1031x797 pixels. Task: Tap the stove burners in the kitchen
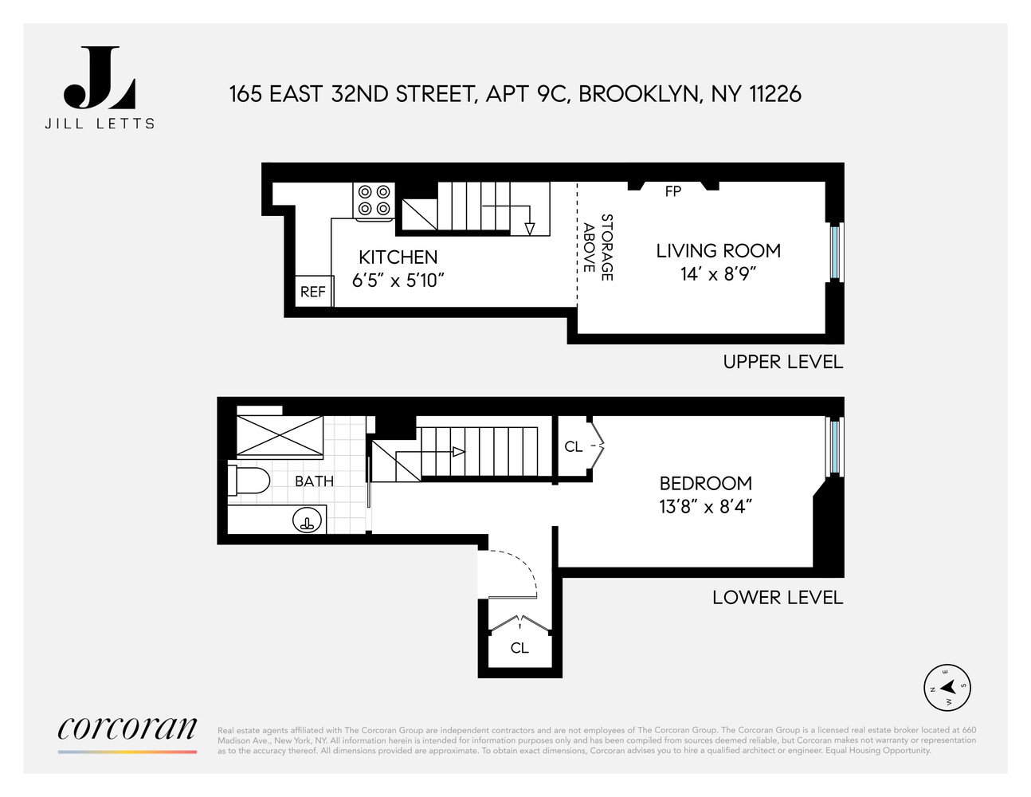(x=374, y=200)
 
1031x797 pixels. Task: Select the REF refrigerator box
(x=313, y=292)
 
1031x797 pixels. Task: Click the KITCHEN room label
(x=398, y=257)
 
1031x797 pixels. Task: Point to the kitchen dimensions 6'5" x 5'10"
(x=398, y=281)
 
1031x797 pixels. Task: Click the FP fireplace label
(x=673, y=191)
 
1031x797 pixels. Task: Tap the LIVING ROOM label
(x=718, y=251)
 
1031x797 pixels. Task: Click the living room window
(x=834, y=252)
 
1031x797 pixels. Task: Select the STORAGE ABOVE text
(x=598, y=247)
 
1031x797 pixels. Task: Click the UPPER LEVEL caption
(x=782, y=362)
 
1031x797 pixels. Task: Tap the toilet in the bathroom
(x=249, y=481)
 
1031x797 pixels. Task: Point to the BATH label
(x=314, y=481)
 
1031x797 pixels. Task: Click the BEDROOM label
(x=705, y=484)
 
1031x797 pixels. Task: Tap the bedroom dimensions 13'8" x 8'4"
(x=705, y=507)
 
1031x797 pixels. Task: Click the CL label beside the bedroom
(x=573, y=447)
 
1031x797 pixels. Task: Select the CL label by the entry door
(x=519, y=649)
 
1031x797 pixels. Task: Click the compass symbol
(x=947, y=687)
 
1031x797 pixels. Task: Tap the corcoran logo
(x=127, y=728)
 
